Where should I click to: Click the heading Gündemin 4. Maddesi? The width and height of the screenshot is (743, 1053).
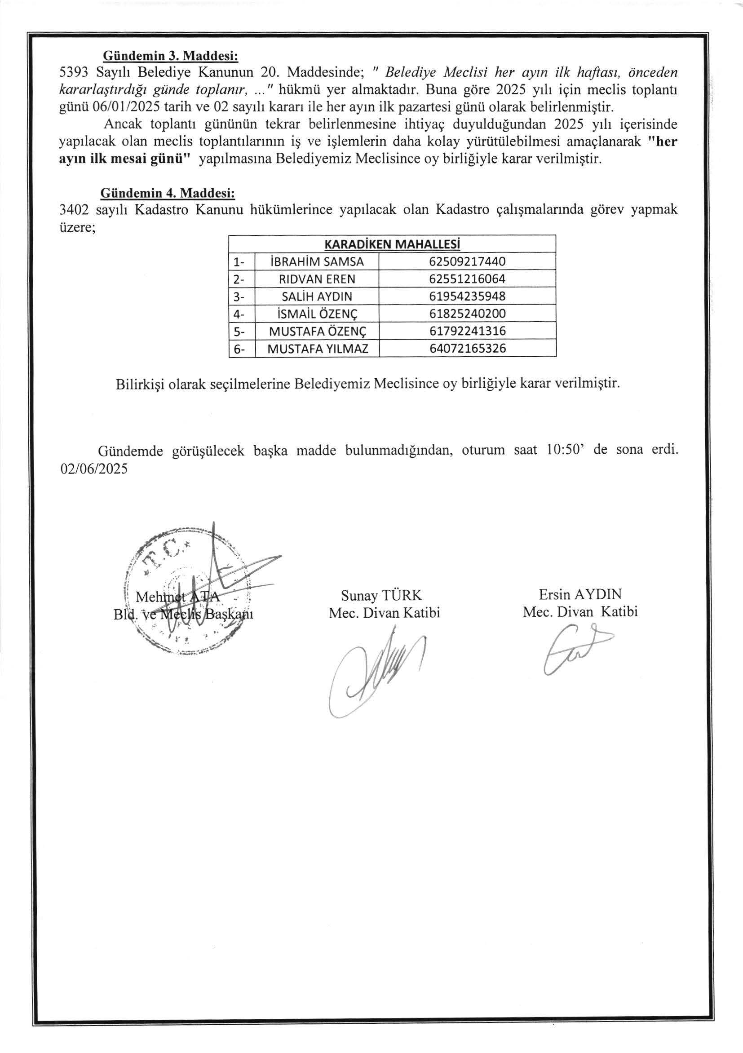tap(168, 193)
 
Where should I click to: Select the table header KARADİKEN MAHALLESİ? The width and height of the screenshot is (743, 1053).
tap(392, 244)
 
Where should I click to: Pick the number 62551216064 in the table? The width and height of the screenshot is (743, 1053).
tap(467, 279)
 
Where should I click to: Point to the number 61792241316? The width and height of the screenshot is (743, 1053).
tap(467, 331)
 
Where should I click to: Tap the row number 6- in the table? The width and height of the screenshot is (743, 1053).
tap(239, 349)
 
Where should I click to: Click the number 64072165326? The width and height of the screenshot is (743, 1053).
tap(467, 349)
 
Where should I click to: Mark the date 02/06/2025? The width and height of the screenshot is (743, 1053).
tap(93, 469)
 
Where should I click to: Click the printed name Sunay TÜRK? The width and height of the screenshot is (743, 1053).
tap(381, 596)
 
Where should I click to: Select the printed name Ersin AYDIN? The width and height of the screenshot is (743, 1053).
tap(580, 595)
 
